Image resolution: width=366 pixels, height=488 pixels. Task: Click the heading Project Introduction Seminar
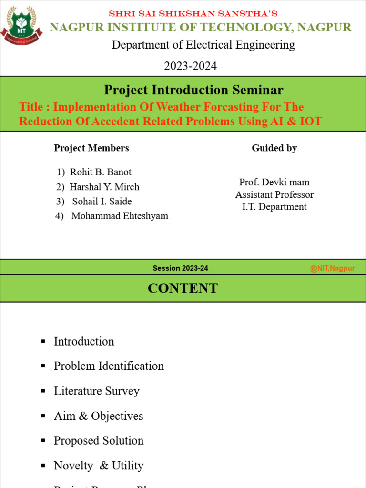point(193,90)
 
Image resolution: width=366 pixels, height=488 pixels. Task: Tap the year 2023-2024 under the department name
point(190,66)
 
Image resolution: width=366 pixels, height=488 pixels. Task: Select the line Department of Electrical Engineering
point(203,45)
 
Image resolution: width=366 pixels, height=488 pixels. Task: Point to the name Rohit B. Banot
point(101,172)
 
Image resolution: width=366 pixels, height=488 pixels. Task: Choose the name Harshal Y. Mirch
point(104,187)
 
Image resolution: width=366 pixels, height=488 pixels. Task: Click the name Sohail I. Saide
point(102,201)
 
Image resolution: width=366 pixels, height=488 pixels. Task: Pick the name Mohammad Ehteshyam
point(120,216)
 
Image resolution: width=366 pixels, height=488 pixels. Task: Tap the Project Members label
point(91,148)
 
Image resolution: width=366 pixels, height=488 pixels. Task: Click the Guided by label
point(274,148)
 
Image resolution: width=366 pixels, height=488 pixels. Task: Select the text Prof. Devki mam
point(274,182)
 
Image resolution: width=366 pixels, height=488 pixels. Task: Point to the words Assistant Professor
point(274,194)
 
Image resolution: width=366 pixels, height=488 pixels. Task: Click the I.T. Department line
point(274,207)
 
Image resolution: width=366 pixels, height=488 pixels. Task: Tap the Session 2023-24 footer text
point(180,268)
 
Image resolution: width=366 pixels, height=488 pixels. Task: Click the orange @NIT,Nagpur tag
point(332,268)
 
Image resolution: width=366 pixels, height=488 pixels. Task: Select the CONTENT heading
point(183,288)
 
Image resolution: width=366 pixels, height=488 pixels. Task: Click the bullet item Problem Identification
point(109,366)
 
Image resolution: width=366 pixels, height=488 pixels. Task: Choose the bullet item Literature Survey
point(97,391)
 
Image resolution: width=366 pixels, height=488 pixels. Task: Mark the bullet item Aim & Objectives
point(98,416)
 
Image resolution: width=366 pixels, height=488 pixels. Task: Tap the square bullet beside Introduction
point(43,341)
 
